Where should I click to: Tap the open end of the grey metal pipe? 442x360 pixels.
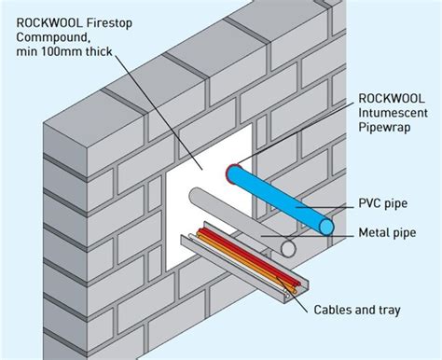tap(290, 249)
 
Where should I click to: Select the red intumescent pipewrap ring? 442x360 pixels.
tap(230, 172)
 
